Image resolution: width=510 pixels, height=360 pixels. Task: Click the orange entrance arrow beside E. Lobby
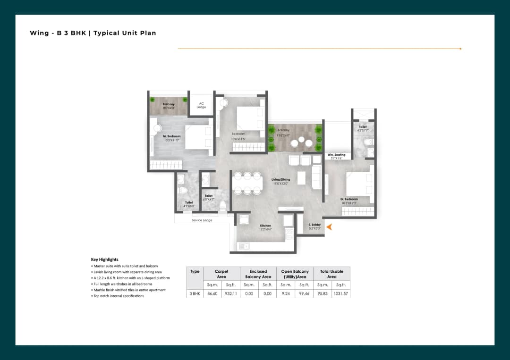pyautogui.click(x=330, y=227)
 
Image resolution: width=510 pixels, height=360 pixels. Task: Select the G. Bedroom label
pyautogui.click(x=349, y=199)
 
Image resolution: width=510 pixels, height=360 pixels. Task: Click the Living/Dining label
pyautogui.click(x=280, y=179)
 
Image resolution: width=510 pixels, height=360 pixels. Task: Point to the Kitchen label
pyautogui.click(x=265, y=226)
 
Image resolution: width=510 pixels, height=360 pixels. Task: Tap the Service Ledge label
pyautogui.click(x=202, y=220)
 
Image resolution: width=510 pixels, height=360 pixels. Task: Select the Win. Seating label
pyautogui.click(x=336, y=155)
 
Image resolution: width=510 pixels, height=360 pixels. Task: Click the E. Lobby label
pyautogui.click(x=314, y=225)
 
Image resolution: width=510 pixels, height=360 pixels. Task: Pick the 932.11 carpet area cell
pyautogui.click(x=231, y=293)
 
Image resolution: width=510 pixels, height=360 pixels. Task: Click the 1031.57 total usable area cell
pyautogui.click(x=341, y=293)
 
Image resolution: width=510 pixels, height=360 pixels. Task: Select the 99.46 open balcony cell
pyautogui.click(x=304, y=293)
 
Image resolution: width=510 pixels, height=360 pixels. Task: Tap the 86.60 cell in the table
pyautogui.click(x=212, y=293)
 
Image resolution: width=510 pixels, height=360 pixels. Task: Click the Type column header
pyautogui.click(x=195, y=272)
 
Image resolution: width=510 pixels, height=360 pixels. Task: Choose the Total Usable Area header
pyautogui.click(x=331, y=274)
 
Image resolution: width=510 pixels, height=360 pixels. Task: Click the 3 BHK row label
pyautogui.click(x=195, y=293)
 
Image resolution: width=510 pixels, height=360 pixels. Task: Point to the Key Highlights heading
pyautogui.click(x=104, y=260)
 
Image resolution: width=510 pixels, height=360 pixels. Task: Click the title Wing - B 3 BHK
pyautogui.click(x=93, y=33)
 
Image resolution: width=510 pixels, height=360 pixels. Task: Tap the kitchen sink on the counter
pyautogui.click(x=244, y=246)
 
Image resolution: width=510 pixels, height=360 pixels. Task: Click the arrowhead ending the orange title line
pyautogui.click(x=460, y=49)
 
